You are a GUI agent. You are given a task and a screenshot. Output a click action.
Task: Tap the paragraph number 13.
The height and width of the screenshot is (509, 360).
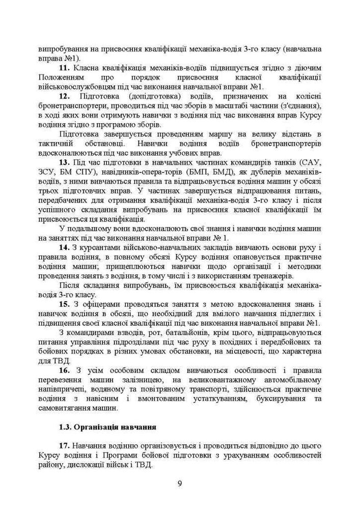65,162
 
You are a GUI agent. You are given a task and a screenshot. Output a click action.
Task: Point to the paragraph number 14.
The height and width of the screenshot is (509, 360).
65,247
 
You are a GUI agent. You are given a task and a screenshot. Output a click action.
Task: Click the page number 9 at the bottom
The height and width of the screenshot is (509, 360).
180,484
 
